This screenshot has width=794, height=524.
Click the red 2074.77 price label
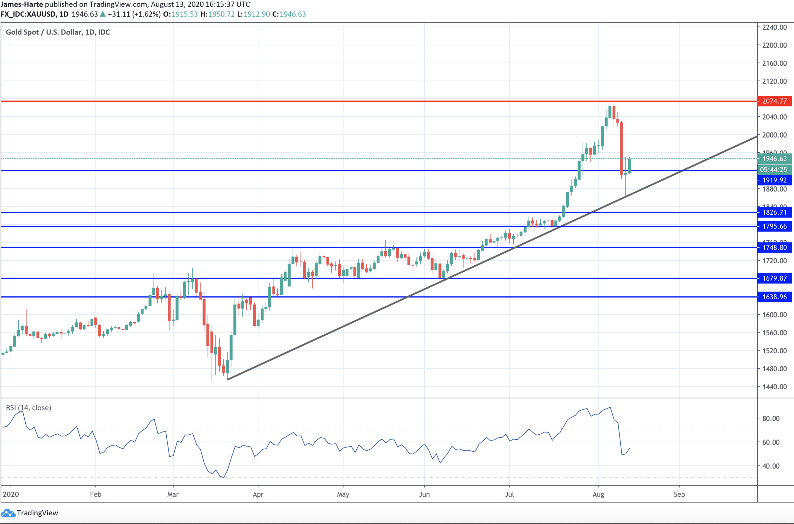tap(774, 101)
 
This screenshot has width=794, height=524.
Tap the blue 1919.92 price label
tap(774, 180)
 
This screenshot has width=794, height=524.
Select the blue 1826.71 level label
tap(774, 212)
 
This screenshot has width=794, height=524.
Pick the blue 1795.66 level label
tap(774, 226)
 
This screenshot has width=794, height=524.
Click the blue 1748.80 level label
tap(774, 247)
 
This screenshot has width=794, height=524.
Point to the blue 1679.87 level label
tap(774, 278)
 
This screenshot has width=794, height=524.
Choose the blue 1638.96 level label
tap(774, 297)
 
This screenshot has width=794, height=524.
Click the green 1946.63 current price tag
tap(774, 158)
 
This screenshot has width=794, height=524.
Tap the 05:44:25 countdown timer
tap(774, 170)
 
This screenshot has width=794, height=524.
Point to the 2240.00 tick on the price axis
tap(774, 27)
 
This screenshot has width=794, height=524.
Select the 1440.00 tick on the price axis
tap(774, 387)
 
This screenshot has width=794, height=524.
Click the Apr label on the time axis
tap(258, 494)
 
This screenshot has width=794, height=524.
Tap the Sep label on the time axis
tap(679, 494)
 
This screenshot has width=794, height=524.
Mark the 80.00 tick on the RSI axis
tap(771, 418)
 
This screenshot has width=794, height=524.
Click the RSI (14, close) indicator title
tap(29, 408)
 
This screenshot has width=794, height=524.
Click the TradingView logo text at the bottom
tap(37, 513)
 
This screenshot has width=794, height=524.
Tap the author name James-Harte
tap(22, 4)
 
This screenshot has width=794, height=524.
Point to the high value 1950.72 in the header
tap(221, 14)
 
